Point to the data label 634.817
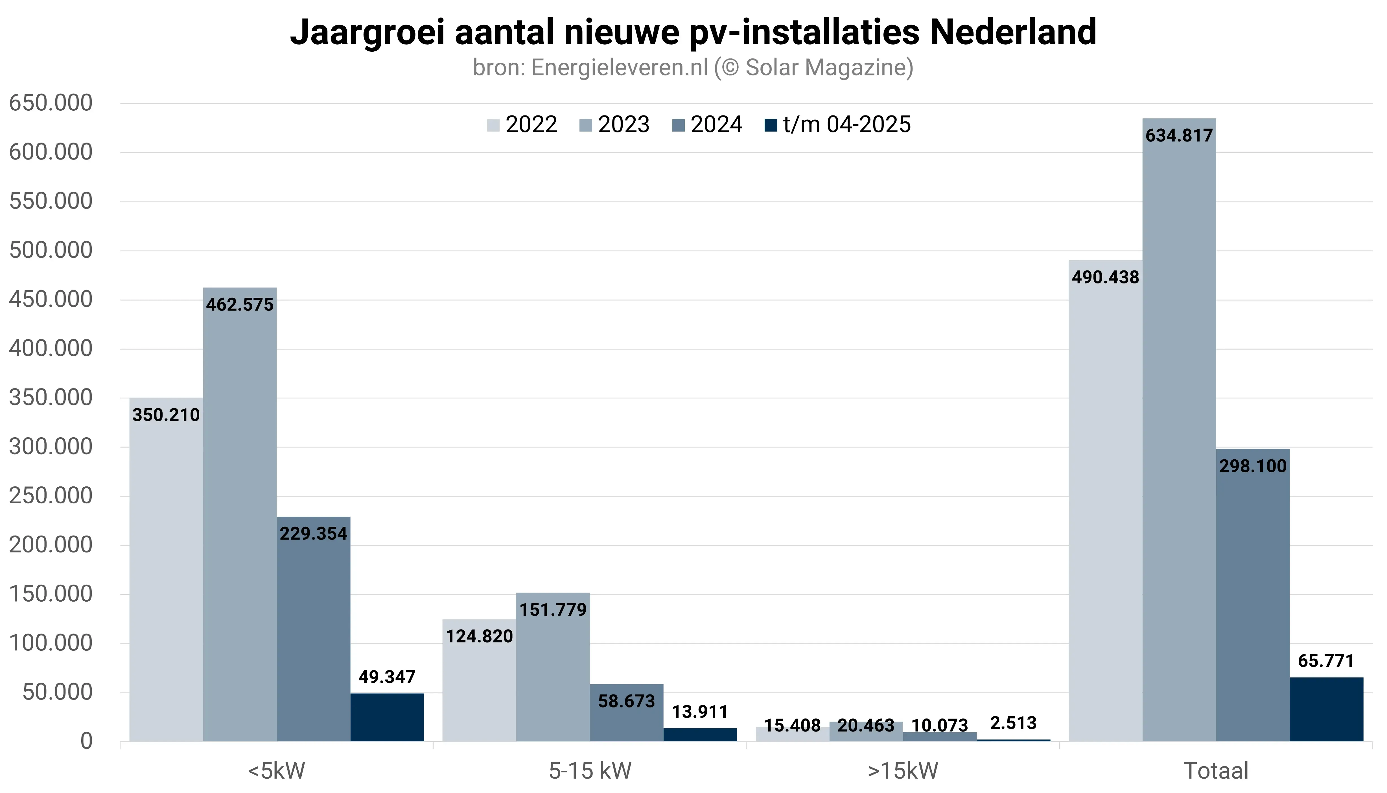point(1179,136)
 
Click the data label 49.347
point(387,677)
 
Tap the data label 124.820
point(479,636)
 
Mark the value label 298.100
point(1252,466)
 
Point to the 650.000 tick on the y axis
point(51,103)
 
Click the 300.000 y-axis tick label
point(51,447)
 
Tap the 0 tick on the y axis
point(86,741)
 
